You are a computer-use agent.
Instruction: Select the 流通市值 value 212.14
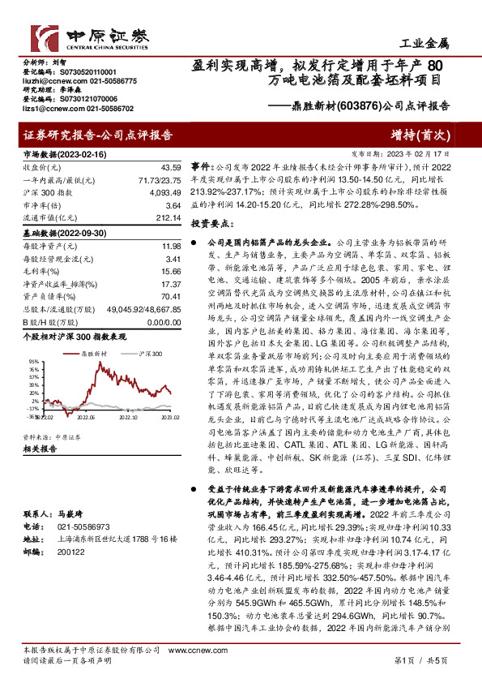(x=166, y=217)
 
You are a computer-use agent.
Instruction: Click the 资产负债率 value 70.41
(x=168, y=296)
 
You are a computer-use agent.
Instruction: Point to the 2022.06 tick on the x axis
(x=85, y=419)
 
